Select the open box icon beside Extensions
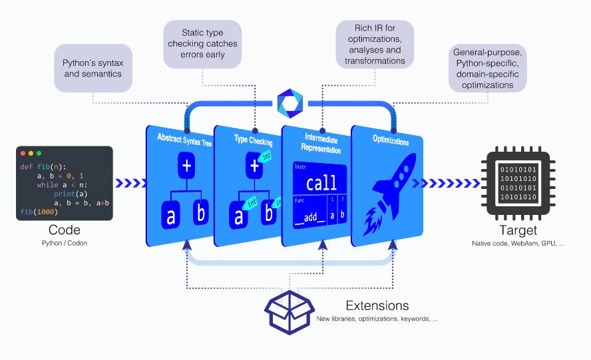tap(290, 309)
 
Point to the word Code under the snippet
tap(65, 230)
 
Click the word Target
tap(518, 230)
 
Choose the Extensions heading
tap(377, 305)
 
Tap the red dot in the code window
tap(23, 153)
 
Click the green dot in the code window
tap(39, 153)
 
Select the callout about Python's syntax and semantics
tap(93, 69)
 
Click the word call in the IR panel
tap(321, 184)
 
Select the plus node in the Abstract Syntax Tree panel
tap(187, 166)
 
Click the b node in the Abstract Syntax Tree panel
tap(200, 214)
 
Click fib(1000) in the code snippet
tap(39, 212)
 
